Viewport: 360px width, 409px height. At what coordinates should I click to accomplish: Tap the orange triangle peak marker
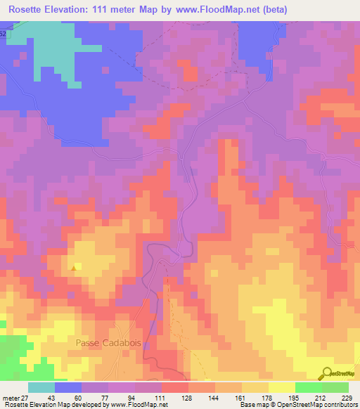pos(75,266)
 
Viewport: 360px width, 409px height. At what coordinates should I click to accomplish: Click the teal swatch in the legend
pos(41,387)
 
